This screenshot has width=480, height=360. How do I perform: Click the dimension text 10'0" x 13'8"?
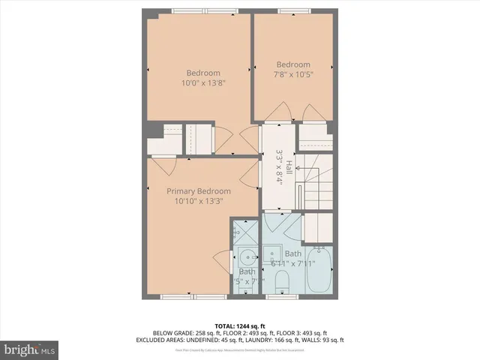(x=203, y=83)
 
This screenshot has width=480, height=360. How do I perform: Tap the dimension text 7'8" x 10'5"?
(x=292, y=74)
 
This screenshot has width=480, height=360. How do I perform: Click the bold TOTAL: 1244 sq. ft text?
(x=240, y=325)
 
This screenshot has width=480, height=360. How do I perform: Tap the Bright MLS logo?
(x=30, y=349)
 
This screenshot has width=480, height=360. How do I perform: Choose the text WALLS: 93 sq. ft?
(x=350, y=340)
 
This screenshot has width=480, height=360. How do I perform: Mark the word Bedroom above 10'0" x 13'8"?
(x=203, y=73)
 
